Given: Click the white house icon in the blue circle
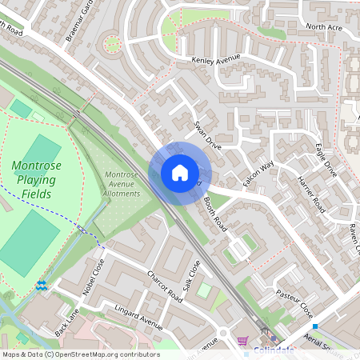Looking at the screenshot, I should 180,173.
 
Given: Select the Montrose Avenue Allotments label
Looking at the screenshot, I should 122,184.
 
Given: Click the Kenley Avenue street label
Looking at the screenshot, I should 216,60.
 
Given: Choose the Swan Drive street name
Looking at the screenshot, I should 207,135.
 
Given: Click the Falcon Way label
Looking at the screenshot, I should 258,174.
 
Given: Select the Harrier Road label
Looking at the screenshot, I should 309,195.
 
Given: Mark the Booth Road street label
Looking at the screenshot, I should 216,214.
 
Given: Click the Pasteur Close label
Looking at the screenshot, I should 294,299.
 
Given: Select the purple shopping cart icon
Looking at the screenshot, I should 242,342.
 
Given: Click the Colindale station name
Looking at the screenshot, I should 274,350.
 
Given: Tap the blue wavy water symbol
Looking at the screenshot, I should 41,285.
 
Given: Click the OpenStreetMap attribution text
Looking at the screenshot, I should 80,354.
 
